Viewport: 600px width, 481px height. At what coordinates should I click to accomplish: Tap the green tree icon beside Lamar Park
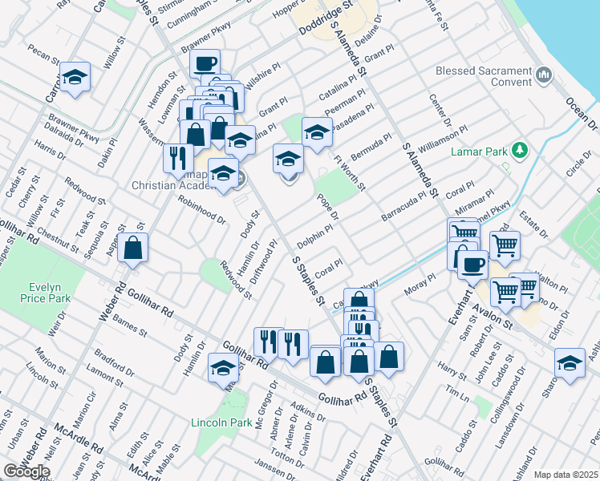point(520,150)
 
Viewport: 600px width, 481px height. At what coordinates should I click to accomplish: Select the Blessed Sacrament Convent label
point(484,76)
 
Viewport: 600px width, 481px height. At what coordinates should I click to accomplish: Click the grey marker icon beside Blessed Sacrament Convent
point(545,75)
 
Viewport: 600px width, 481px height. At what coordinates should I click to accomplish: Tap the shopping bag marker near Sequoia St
point(133,248)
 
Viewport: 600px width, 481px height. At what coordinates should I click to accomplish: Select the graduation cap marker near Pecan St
point(75,77)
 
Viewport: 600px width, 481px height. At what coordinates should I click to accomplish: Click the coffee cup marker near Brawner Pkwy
point(205,63)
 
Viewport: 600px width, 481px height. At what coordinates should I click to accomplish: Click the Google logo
point(26,471)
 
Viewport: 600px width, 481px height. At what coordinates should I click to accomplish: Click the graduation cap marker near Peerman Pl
point(317,132)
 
